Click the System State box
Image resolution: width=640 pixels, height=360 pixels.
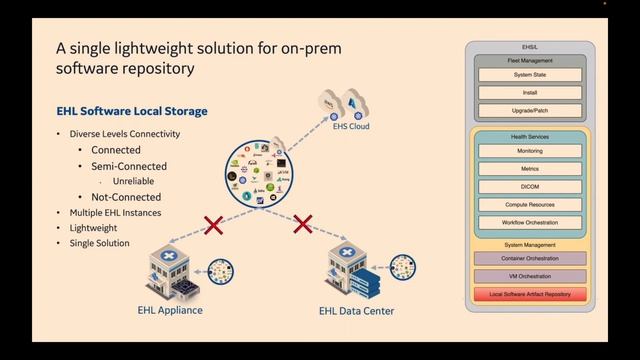click(531, 75)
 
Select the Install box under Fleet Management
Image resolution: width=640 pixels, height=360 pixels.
click(531, 92)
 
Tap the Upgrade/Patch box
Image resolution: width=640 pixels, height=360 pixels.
click(531, 109)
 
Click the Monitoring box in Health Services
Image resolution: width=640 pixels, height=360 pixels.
click(531, 150)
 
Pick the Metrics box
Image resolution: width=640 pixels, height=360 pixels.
click(531, 168)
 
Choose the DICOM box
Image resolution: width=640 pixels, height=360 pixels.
click(531, 186)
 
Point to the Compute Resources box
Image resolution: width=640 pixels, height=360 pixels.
click(531, 204)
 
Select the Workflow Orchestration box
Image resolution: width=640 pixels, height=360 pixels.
click(531, 222)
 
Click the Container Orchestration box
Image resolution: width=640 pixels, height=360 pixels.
click(531, 258)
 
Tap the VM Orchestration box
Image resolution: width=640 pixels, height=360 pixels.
click(531, 276)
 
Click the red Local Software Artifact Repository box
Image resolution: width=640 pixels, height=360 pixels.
click(531, 294)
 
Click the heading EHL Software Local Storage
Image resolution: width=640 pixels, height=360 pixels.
click(132, 111)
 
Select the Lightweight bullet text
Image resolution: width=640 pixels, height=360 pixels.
click(93, 228)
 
